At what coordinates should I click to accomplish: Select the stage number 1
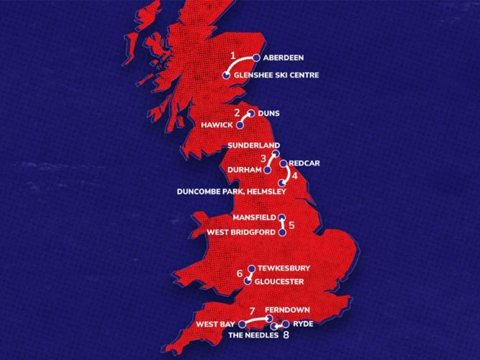[x=232, y=55]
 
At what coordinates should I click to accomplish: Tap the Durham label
[x=242, y=170]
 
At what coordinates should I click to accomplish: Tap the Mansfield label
[x=253, y=217]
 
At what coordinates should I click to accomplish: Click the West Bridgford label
[x=241, y=233]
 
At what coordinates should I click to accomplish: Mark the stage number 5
[x=291, y=225]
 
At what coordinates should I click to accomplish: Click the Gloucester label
[x=279, y=281]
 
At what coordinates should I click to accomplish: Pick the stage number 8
[x=286, y=335]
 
